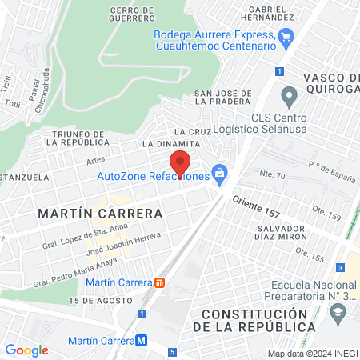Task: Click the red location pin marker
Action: pyautogui.click(x=181, y=162)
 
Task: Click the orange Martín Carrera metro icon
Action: pyautogui.click(x=161, y=282)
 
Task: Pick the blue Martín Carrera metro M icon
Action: pyautogui.click(x=142, y=339)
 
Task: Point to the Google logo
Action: pyautogui.click(x=26, y=350)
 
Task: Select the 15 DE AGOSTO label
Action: pyautogui.click(x=101, y=300)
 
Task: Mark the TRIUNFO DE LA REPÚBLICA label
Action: pyautogui.click(x=75, y=138)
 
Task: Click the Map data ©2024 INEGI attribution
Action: pyautogui.click(x=311, y=353)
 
